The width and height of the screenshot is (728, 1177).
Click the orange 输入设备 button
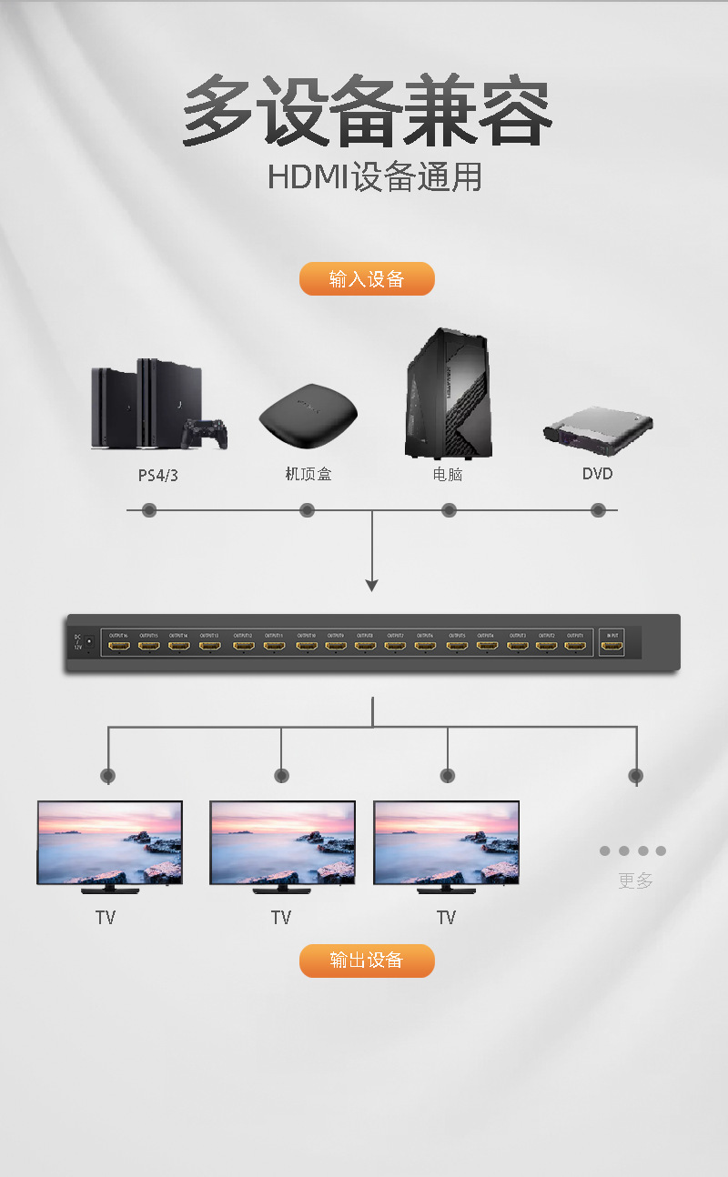click(367, 279)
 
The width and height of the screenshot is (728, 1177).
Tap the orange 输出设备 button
click(367, 961)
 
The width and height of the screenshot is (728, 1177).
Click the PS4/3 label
click(158, 475)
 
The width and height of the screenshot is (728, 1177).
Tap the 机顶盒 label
click(308, 474)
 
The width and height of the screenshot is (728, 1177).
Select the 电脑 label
click(448, 474)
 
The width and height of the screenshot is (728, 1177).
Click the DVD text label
click(598, 474)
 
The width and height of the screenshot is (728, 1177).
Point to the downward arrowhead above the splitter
click(371, 585)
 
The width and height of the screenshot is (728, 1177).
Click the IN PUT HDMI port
click(613, 647)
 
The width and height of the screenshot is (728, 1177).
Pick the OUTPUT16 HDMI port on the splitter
click(118, 647)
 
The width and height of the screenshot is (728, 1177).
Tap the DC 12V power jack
click(89, 642)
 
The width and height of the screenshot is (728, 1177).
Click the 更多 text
click(635, 880)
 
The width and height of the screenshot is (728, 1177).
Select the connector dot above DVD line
click(598, 510)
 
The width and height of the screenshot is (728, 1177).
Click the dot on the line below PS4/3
click(149, 510)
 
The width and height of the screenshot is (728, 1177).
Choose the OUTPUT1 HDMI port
click(574, 647)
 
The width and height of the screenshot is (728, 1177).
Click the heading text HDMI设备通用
click(374, 177)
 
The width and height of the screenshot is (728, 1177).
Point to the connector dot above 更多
click(635, 776)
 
